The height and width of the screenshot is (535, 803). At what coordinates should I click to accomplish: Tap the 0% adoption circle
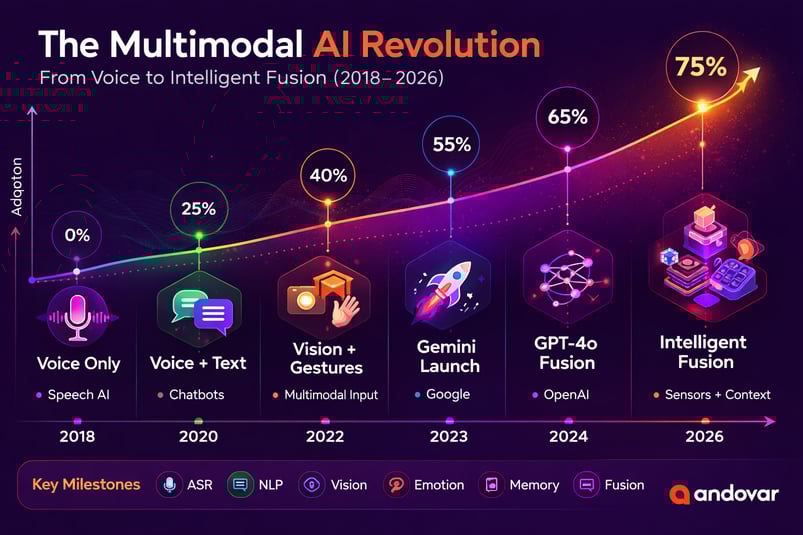(x=77, y=236)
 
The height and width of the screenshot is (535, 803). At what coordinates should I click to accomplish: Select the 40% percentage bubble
(x=328, y=176)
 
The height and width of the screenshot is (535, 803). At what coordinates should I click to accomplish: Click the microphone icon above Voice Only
(x=77, y=312)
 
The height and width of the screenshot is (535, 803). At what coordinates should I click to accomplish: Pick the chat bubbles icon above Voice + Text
(x=200, y=309)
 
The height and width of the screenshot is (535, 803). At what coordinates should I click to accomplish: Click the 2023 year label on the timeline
(x=449, y=437)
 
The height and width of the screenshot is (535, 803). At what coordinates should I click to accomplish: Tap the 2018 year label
(x=77, y=437)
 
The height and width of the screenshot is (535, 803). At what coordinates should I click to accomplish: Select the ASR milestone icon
(x=169, y=485)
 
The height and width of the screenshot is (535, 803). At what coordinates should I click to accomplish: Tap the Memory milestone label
(x=533, y=485)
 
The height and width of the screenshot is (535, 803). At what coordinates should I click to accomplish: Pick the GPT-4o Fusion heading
(x=567, y=353)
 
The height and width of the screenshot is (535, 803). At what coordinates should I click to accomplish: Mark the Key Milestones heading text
(x=87, y=485)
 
